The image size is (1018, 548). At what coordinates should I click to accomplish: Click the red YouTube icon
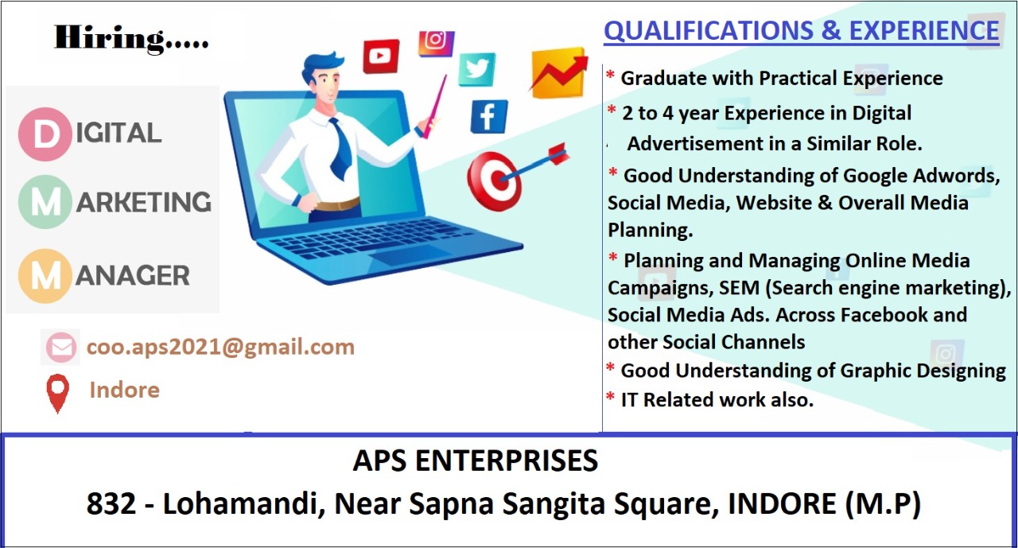(x=381, y=56)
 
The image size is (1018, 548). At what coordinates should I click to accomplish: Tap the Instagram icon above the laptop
(x=437, y=43)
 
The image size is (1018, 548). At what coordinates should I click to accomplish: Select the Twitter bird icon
(x=476, y=69)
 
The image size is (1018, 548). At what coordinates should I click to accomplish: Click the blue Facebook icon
(x=489, y=117)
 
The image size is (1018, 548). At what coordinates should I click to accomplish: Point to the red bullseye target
(x=495, y=181)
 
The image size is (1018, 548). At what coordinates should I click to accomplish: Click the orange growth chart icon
(x=558, y=72)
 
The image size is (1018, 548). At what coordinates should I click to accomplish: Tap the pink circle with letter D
(x=45, y=134)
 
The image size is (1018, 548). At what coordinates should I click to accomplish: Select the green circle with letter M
(x=45, y=202)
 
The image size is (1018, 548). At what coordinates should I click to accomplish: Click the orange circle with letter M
(x=45, y=276)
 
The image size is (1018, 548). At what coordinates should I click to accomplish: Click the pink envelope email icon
(x=61, y=348)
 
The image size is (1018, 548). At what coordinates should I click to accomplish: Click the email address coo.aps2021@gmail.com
(x=220, y=348)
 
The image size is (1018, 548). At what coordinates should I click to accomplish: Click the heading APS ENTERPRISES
(x=476, y=461)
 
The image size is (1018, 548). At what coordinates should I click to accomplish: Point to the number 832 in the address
(x=111, y=503)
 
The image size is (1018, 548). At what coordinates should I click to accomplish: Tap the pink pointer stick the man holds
(x=434, y=107)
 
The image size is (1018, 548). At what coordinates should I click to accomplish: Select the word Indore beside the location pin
(x=125, y=390)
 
